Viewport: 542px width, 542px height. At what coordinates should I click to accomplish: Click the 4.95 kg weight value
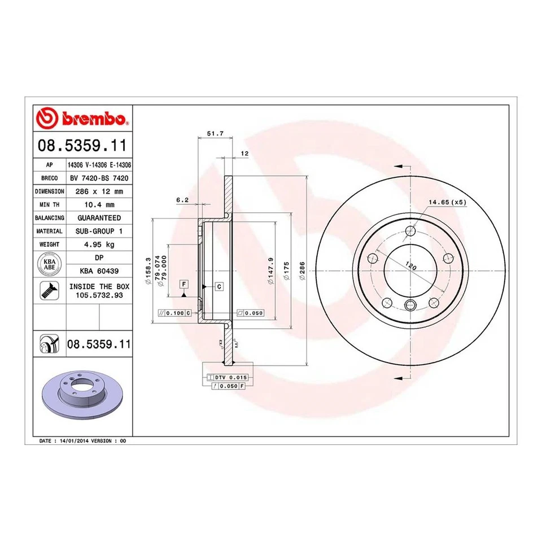[x=99, y=244]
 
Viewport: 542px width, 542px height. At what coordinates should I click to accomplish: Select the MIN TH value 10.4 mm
[x=99, y=204]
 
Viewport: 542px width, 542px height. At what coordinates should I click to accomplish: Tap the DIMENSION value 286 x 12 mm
[x=99, y=191]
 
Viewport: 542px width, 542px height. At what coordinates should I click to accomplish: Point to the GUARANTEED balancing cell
[x=99, y=217]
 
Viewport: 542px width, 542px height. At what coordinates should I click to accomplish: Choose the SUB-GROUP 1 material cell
[x=99, y=231]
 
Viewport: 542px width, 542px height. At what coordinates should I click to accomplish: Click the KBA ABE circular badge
[x=50, y=264]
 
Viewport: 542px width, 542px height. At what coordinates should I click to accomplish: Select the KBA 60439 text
[x=99, y=271]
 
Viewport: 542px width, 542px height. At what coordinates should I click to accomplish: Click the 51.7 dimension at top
[x=215, y=134]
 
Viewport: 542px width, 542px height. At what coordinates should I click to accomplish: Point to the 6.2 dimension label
[x=182, y=199]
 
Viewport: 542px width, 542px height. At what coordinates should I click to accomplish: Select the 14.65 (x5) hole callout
[x=447, y=202]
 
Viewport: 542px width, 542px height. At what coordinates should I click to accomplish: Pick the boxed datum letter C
[x=218, y=287]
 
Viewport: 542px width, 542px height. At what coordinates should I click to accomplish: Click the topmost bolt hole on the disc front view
[x=410, y=231]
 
